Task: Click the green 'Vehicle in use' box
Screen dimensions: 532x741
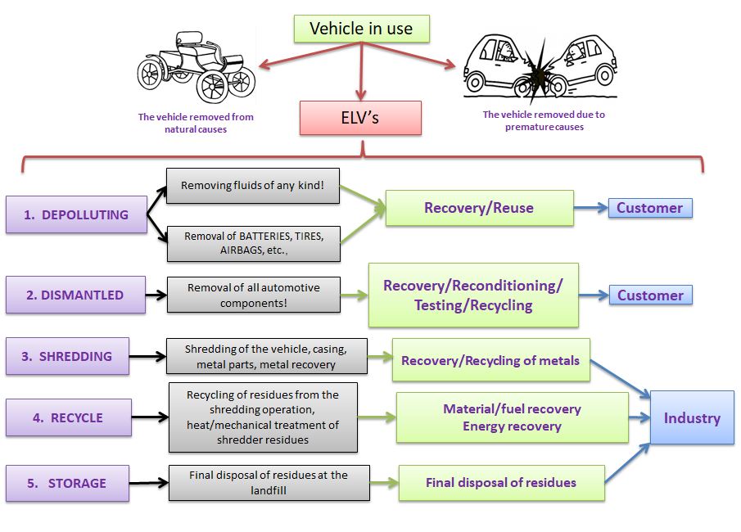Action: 361,29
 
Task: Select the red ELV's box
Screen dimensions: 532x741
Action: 360,118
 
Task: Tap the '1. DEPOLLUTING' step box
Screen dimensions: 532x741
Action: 75,215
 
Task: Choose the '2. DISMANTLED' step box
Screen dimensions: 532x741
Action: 75,295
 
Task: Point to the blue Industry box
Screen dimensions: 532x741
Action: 692,418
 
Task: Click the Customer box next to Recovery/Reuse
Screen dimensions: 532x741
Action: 650,208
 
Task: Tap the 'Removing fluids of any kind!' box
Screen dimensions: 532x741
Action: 253,186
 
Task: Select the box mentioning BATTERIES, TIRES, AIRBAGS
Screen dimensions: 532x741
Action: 253,243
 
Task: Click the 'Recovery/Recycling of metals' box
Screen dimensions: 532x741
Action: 490,361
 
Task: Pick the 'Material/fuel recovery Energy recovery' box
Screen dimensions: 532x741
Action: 513,417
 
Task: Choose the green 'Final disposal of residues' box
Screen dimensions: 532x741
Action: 501,483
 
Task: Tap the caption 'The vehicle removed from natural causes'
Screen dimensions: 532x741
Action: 196,123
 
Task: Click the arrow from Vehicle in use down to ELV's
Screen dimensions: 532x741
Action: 360,74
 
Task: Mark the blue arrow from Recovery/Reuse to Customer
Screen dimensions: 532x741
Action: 590,208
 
